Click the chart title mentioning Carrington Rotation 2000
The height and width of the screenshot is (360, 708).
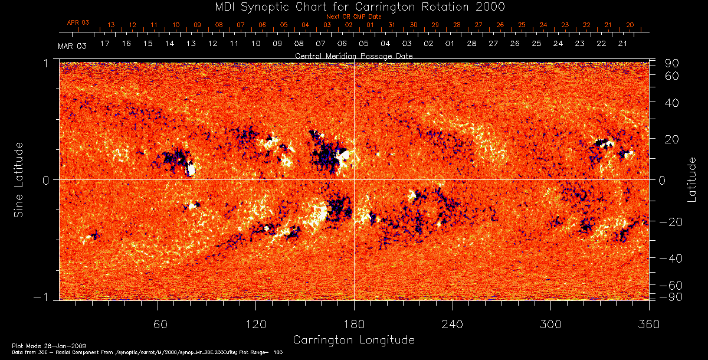[353, 6]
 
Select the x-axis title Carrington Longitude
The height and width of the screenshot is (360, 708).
[353, 340]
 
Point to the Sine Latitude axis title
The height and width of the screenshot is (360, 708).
[19, 179]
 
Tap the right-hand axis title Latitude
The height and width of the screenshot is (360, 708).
[691, 179]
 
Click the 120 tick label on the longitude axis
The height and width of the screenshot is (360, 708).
[256, 324]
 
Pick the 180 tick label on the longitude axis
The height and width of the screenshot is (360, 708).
[354, 324]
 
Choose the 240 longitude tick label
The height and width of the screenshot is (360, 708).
[453, 324]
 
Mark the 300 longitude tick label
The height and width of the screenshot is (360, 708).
[550, 324]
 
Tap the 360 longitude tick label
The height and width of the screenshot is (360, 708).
[648, 324]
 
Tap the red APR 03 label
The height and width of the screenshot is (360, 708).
[78, 22]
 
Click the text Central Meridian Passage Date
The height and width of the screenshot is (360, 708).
[353, 55]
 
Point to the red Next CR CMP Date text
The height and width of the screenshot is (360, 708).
[353, 17]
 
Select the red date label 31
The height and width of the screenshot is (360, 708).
[392, 25]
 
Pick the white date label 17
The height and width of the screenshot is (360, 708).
[105, 44]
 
